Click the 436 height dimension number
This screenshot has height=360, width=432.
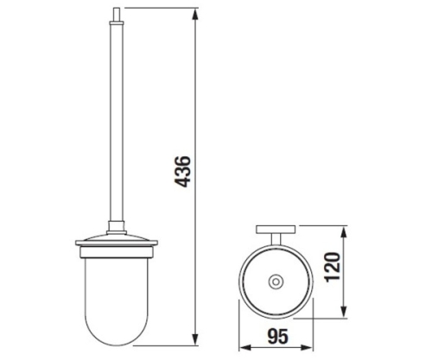pos(182,172)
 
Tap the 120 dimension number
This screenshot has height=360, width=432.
pos(333,267)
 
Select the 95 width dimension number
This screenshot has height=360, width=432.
pos(277,337)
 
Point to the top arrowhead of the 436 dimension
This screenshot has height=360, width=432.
pos(195,15)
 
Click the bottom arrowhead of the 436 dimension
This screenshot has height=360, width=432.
pos(195,338)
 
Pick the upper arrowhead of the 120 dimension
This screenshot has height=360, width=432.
pos(343,231)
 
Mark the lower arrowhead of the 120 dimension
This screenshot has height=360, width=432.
pos(343,312)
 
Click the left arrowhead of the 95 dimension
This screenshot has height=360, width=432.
pos(245,348)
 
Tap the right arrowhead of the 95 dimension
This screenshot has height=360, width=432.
pos(307,348)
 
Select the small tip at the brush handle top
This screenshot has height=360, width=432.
pos(117,15)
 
